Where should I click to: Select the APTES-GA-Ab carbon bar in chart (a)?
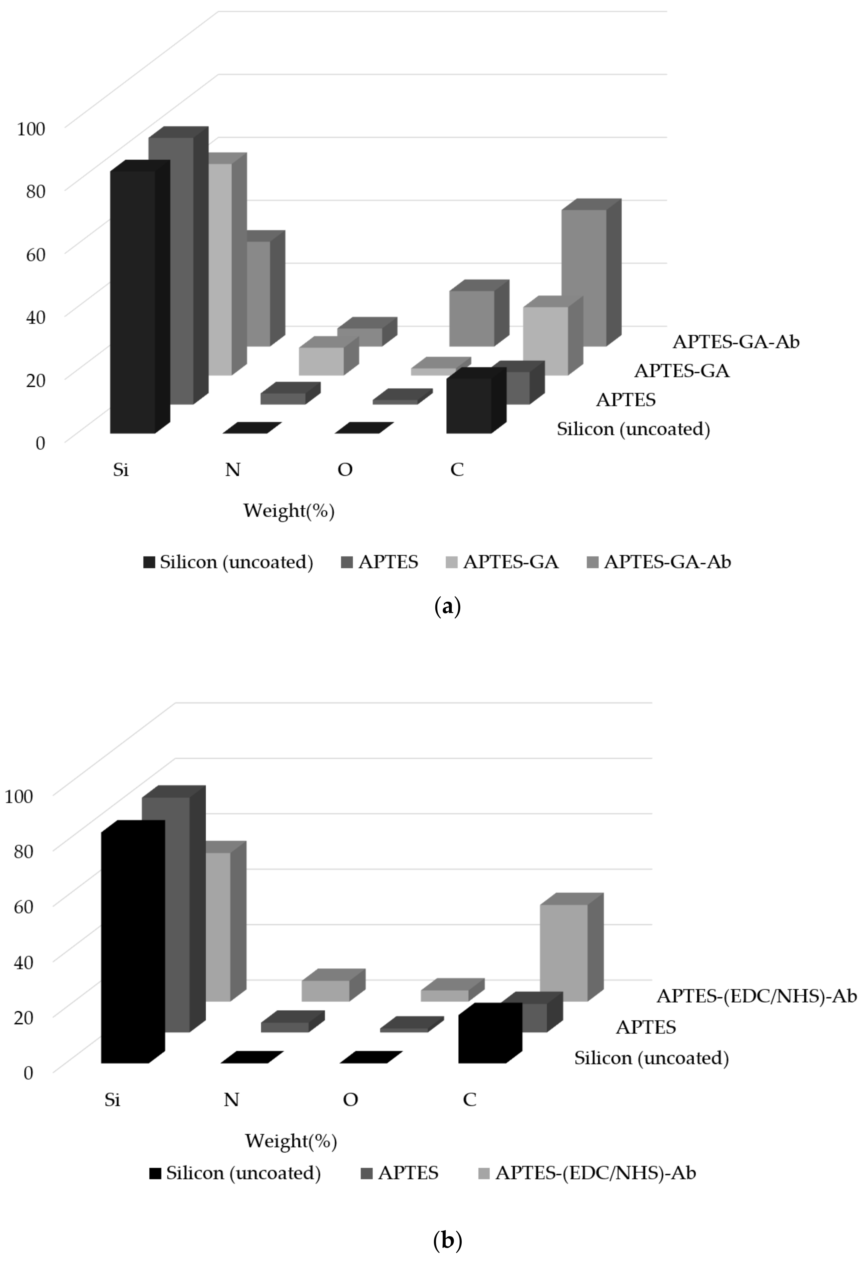pyautogui.click(x=584, y=277)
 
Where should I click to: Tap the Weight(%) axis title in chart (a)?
pyautogui.click(x=289, y=511)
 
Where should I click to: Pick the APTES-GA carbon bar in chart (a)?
pyautogui.click(x=546, y=341)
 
